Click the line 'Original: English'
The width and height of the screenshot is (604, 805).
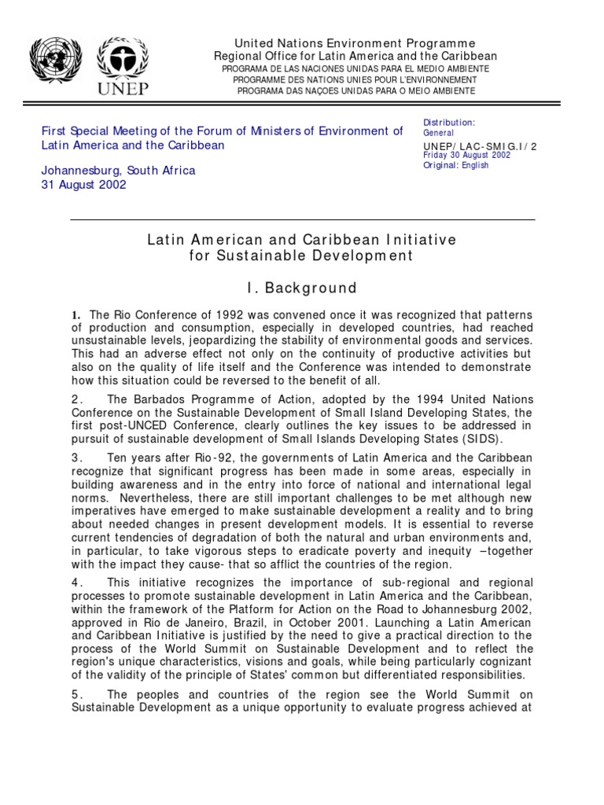point(455,165)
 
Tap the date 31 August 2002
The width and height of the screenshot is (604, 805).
point(83,186)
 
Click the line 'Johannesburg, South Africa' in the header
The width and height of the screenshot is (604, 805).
point(118,170)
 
